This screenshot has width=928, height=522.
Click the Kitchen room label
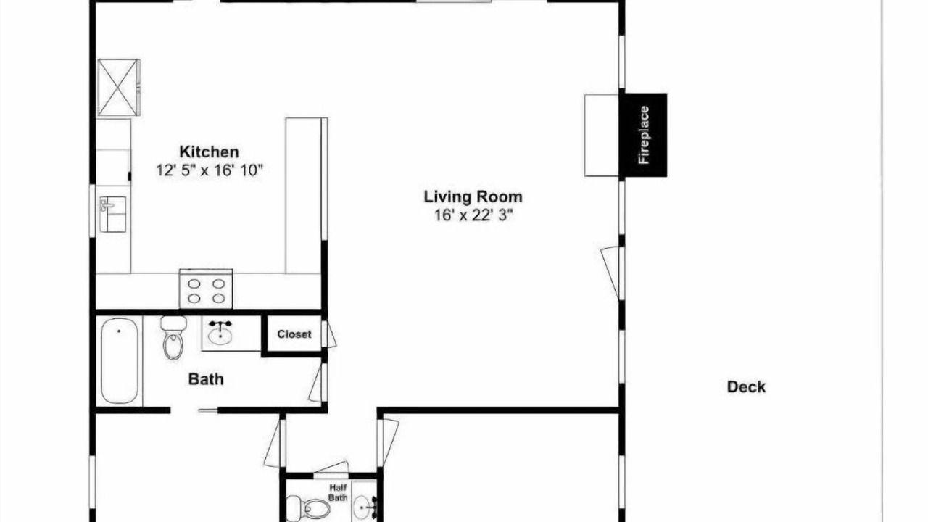[x=209, y=152]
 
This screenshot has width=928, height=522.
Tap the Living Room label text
[x=473, y=196]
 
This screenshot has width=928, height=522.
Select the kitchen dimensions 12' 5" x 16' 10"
[x=210, y=170]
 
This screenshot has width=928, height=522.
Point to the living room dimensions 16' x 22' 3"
[x=473, y=215]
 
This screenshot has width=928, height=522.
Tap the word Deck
[x=746, y=387]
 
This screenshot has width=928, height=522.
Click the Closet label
[x=294, y=334]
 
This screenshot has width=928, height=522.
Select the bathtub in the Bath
[x=120, y=360]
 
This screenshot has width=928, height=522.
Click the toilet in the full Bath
[x=173, y=337]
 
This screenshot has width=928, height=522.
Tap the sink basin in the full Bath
[x=220, y=334]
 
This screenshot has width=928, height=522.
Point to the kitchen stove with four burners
[x=206, y=289]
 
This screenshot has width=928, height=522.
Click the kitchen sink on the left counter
[x=112, y=214]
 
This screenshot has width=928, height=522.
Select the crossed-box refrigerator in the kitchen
[x=118, y=88]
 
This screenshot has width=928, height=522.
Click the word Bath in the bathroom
[x=206, y=379]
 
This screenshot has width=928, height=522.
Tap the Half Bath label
[x=338, y=492]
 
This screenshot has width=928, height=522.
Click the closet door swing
[x=329, y=334]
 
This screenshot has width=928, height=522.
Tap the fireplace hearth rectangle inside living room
[x=601, y=136]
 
